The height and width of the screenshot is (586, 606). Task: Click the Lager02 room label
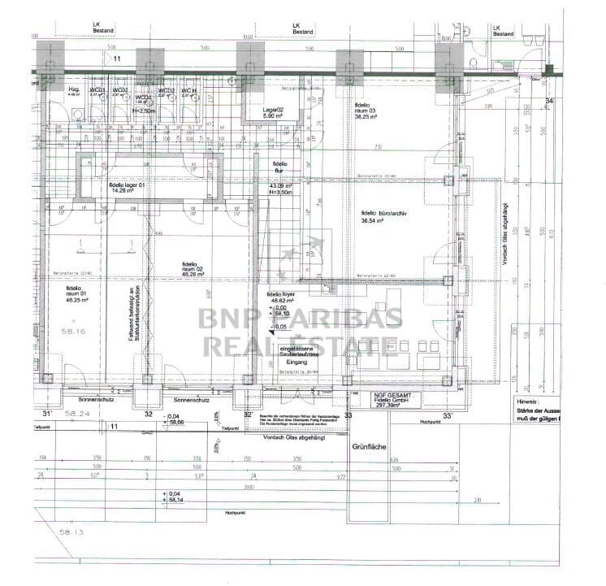coord(273,110)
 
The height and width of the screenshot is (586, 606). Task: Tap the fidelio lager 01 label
coord(127,185)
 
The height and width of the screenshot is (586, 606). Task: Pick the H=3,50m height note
coord(281,193)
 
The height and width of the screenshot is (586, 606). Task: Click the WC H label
coord(189,90)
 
